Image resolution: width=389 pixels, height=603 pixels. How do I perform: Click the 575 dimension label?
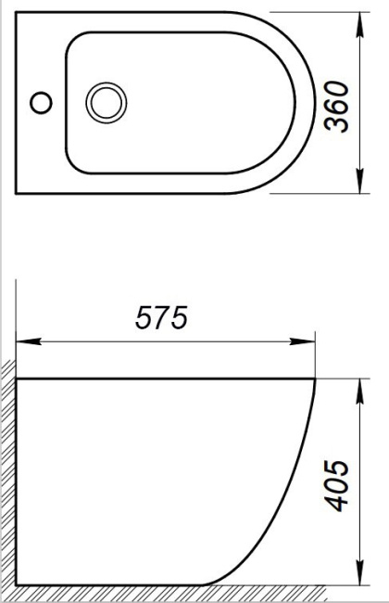click(162, 318)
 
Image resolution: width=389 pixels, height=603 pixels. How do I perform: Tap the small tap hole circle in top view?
click(41, 101)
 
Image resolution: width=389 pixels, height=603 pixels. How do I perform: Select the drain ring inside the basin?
click(103, 101)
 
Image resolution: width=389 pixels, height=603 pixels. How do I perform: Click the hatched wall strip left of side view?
click(8, 473)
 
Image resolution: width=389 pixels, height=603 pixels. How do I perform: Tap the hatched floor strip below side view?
click(167, 594)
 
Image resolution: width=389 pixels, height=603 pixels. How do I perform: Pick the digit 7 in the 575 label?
click(162, 318)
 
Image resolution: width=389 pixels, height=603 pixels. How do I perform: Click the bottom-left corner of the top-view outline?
click(18, 193)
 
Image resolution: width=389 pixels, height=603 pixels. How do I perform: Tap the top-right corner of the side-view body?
click(317, 379)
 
